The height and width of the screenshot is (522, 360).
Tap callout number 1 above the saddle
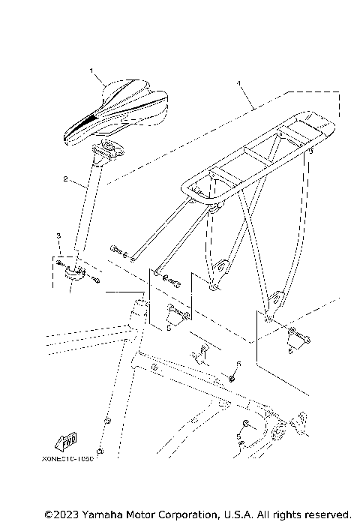[92, 71]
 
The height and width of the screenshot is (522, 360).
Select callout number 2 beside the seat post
[66, 180]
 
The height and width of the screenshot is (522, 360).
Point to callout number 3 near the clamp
[58, 236]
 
